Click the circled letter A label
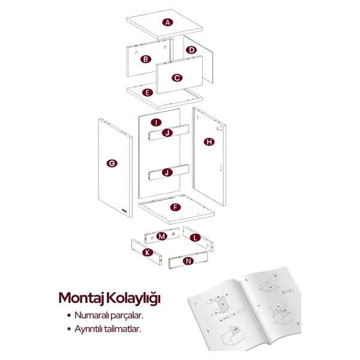[167, 23]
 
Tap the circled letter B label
[146, 59]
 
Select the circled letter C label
[177, 78]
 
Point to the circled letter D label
[191, 50]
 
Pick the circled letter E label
[148, 92]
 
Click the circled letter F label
[175, 208]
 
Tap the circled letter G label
[112, 163]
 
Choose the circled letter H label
[209, 142]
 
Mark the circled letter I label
[156, 122]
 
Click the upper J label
[167, 133]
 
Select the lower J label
[167, 172]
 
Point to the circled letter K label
[148, 253]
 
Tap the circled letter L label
[195, 238]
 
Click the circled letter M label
[161, 236]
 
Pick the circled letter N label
[188, 261]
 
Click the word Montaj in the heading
[81, 298]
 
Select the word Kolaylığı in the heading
[133, 298]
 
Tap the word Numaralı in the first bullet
[91, 315]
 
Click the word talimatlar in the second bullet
[122, 329]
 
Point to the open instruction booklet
[245, 309]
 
